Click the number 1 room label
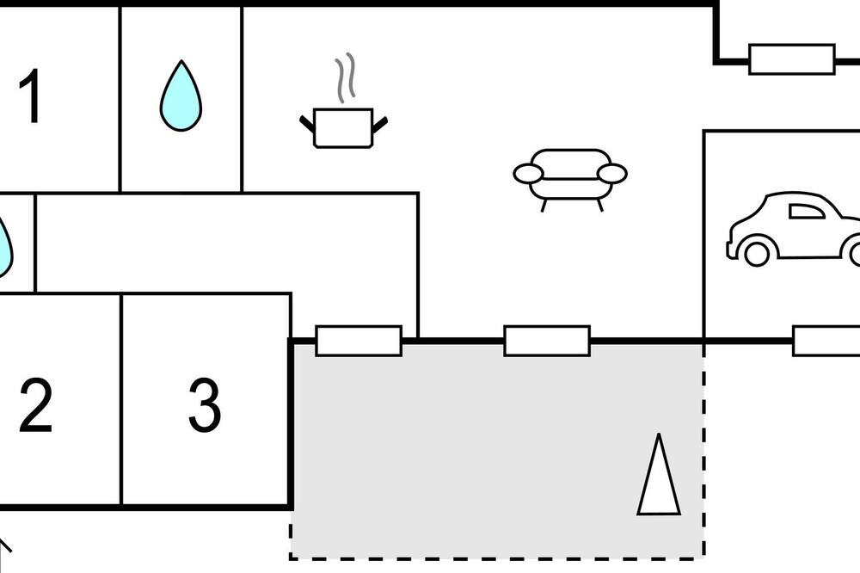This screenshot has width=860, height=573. [29, 95]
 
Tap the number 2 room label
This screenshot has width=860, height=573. [35, 405]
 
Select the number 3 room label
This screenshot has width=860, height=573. [205, 405]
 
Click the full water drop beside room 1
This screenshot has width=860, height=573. [181, 96]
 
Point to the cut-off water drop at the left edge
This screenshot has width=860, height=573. [4, 247]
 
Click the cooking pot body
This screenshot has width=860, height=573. [343, 128]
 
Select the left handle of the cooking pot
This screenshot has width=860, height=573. [307, 124]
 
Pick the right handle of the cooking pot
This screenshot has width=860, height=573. [380, 125]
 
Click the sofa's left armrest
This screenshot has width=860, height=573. [528, 174]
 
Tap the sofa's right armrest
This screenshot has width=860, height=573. [612, 174]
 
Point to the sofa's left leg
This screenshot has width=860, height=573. [544, 206]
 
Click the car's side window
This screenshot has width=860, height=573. [807, 212]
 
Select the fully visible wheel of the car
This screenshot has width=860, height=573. [757, 254]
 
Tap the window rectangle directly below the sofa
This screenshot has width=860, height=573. [547, 341]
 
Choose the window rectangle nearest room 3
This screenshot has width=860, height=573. [359, 341]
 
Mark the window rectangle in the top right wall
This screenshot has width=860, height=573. [792, 59]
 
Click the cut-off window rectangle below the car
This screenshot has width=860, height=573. [826, 341]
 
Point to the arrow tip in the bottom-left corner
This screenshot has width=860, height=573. [2, 541]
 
